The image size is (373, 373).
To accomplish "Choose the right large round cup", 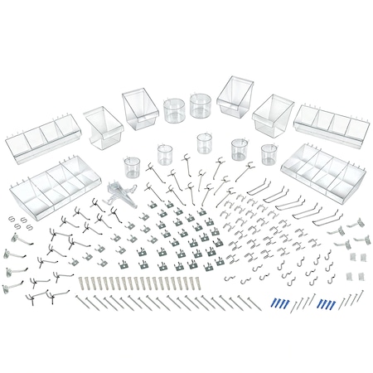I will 200,106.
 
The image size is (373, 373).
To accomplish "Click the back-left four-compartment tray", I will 49,134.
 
